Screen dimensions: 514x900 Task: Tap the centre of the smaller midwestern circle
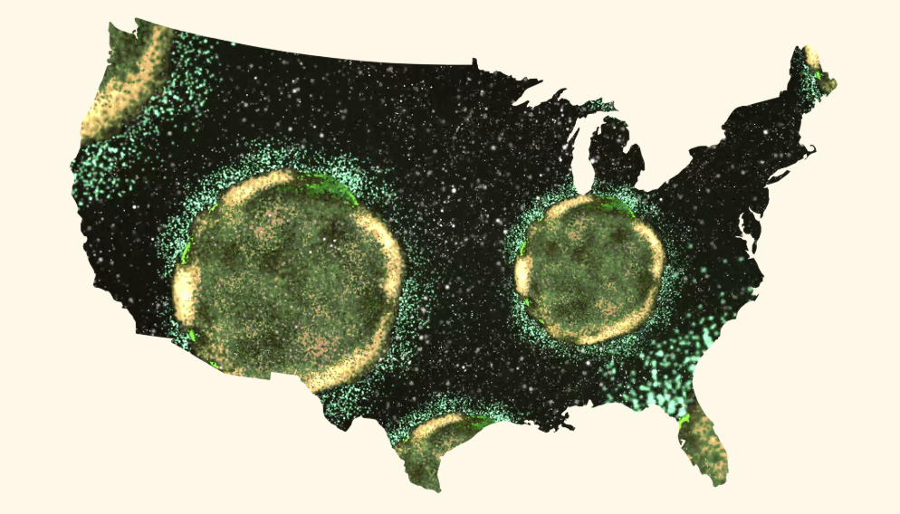[589, 270]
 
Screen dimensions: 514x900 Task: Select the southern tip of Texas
[436, 484]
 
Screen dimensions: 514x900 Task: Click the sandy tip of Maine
[812, 58]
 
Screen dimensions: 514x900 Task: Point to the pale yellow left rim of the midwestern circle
[522, 271]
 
